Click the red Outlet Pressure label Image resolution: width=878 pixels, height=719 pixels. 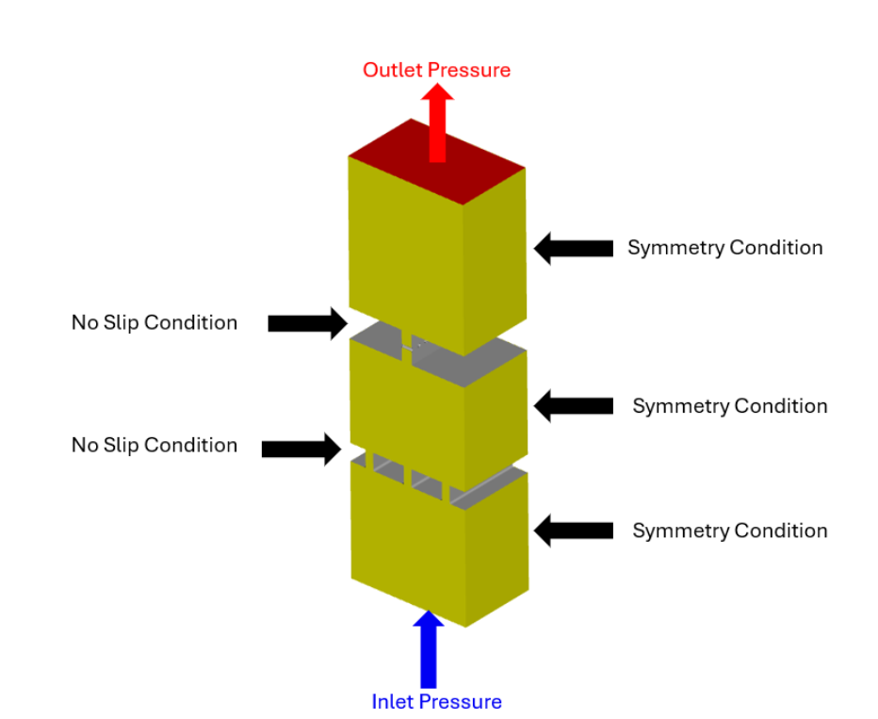tap(436, 70)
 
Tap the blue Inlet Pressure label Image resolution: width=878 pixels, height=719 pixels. tap(436, 701)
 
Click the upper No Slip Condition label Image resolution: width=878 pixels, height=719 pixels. tap(154, 322)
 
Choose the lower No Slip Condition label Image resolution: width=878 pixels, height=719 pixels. tap(154, 445)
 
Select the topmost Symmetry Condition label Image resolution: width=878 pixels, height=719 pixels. tap(724, 248)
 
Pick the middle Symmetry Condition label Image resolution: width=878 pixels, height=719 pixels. tap(729, 406)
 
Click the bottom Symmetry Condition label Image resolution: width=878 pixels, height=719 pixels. tap(729, 531)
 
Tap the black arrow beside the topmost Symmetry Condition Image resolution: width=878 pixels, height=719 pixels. tap(573, 248)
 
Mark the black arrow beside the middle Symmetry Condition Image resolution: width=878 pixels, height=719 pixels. tap(573, 405)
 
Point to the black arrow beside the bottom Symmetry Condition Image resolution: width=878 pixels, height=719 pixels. tap(573, 530)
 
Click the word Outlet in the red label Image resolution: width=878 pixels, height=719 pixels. tap(393, 70)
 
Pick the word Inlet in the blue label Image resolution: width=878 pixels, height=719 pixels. tap(392, 701)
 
